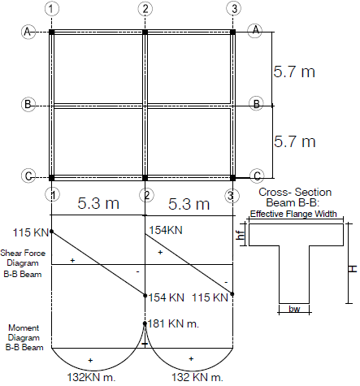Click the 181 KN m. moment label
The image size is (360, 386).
[x=173, y=323]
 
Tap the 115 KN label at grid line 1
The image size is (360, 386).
[x=31, y=232]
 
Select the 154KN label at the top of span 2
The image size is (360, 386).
[x=166, y=230]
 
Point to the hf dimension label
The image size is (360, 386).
[x=241, y=235]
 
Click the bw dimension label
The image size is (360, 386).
[x=294, y=309]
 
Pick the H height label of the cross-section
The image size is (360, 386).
[x=353, y=269]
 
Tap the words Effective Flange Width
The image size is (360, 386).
[x=293, y=214]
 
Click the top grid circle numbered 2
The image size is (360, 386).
[x=145, y=9]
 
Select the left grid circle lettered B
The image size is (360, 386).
[x=28, y=104]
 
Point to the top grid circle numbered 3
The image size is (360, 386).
[x=233, y=9]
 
